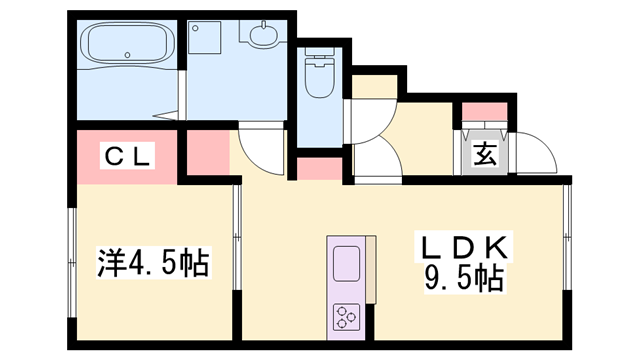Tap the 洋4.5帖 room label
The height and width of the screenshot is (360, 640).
152,263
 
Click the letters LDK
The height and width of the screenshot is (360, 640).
465,246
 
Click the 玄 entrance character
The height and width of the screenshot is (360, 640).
485,155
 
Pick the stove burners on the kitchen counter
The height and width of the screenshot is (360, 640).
347,317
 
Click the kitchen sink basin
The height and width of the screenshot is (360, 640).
347,266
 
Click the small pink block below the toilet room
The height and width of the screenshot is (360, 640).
318,167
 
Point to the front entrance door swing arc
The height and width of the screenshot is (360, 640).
537,152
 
